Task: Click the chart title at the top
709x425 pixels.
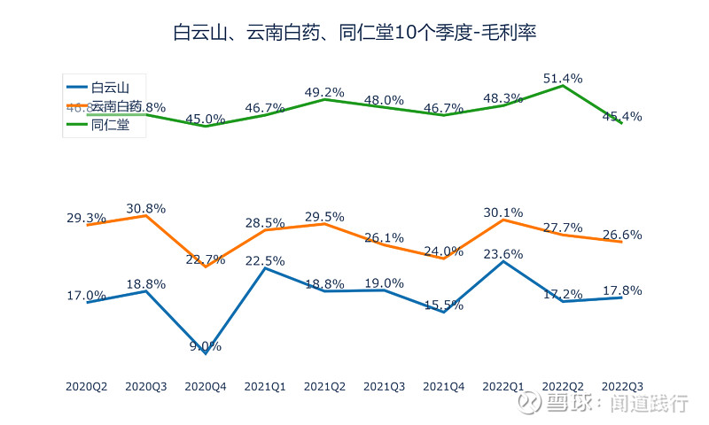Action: tap(354, 34)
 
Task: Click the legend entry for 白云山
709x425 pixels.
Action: tap(110, 87)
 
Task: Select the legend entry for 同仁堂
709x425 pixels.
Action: tap(110, 125)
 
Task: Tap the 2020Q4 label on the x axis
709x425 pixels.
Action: tap(206, 387)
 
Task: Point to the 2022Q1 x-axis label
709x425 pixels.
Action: tap(503, 387)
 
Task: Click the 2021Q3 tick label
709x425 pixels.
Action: tap(385, 387)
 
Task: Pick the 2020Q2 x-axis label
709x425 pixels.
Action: tap(87, 387)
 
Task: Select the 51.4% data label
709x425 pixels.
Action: tap(563, 79)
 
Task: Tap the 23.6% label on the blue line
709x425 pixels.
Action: tap(503, 254)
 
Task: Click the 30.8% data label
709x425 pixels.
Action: tap(146, 208)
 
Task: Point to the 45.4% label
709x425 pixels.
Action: tap(622, 117)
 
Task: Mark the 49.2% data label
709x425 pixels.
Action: tap(324, 92)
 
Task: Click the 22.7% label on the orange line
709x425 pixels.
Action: tap(206, 259)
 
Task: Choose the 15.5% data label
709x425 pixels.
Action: tap(444, 305)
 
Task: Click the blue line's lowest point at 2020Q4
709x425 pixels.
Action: tap(206, 353)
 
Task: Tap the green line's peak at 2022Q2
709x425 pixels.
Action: tap(563, 86)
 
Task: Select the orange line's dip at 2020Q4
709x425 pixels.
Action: tap(206, 267)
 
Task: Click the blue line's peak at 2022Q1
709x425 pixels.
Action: tap(503, 261)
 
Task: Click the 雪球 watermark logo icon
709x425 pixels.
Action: tap(530, 404)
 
